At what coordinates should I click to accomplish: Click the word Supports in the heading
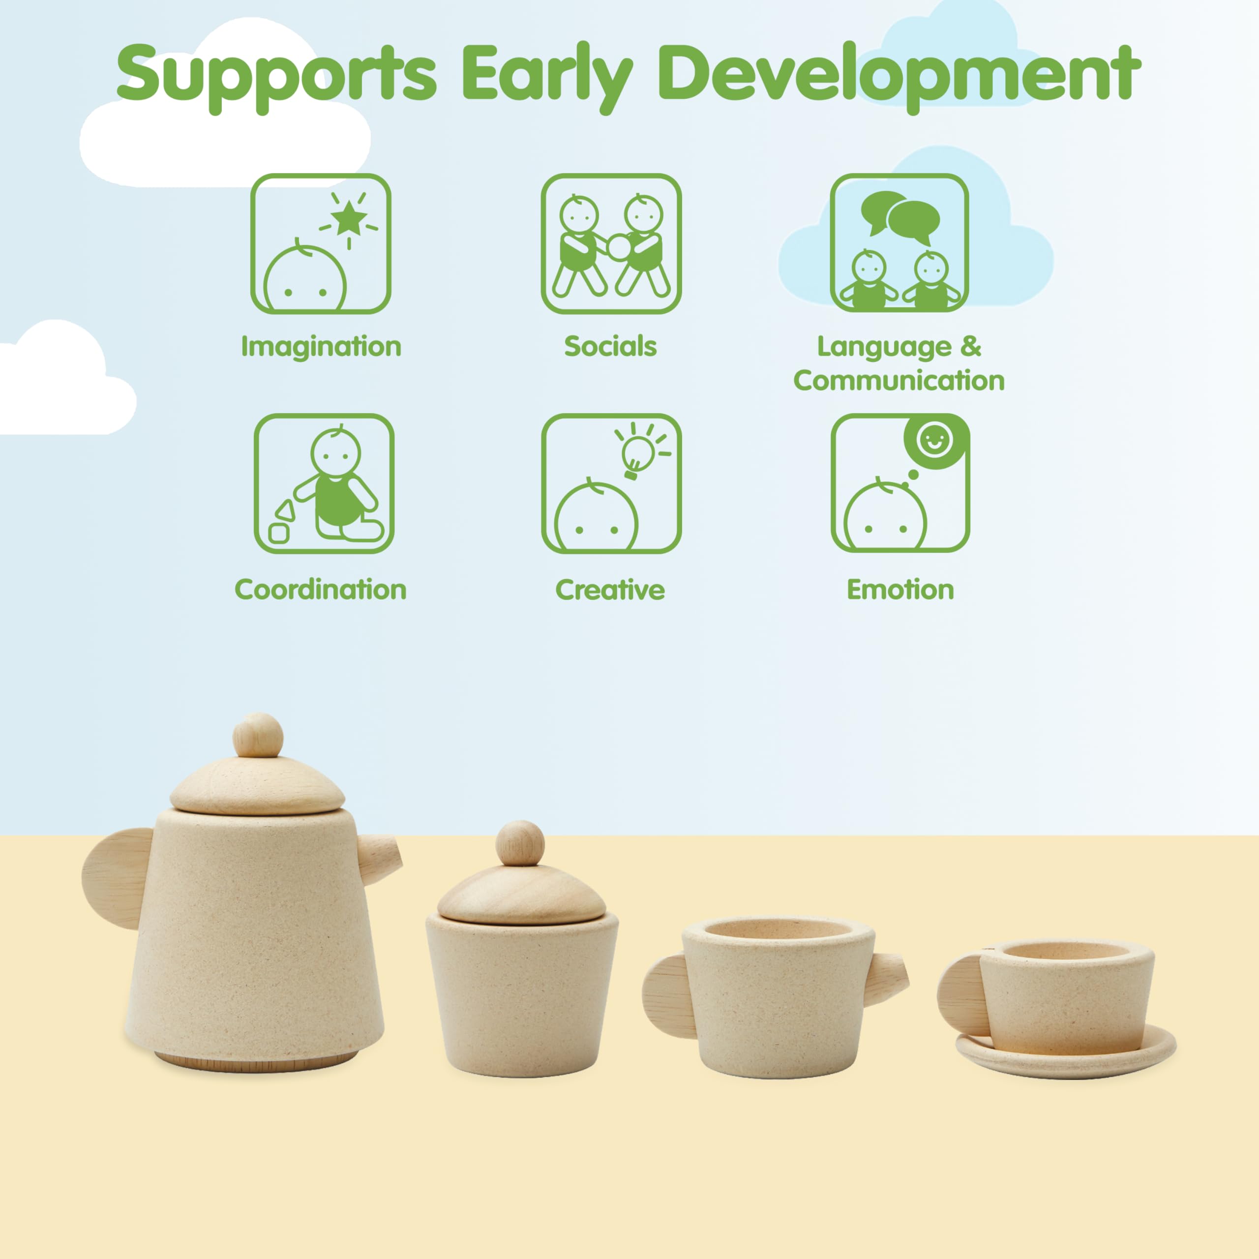pos(276,77)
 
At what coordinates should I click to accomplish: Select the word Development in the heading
pos(899,77)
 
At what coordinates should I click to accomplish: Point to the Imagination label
pos(321,347)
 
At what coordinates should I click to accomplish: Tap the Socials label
pos(611,346)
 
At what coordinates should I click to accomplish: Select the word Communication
pos(899,381)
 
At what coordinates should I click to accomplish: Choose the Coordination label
pos(321,589)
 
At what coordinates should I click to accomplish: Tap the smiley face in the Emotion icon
pos(934,440)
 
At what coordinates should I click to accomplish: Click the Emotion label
pos(900,590)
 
